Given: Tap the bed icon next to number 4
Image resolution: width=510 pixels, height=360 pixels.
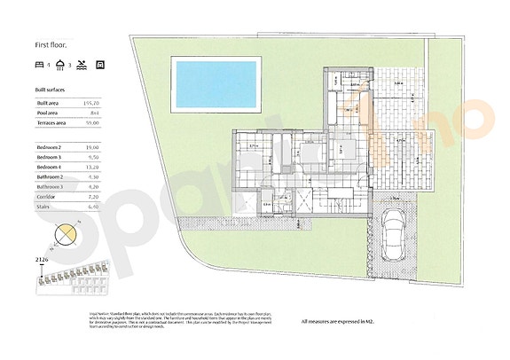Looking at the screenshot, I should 39,65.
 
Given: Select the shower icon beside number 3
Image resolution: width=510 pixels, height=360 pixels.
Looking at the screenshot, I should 59,65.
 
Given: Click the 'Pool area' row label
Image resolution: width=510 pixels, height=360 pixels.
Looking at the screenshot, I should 47,113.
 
